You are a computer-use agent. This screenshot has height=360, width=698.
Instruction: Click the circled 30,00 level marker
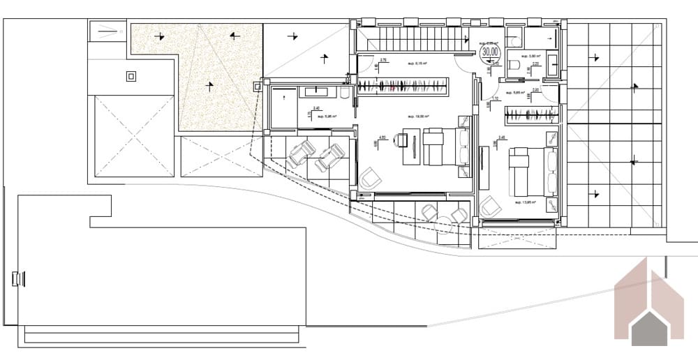pyautogui.click(x=490, y=51)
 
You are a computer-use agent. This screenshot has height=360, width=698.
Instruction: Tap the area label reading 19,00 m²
pyautogui.click(x=419, y=117)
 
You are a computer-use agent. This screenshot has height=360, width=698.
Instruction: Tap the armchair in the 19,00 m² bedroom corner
pyautogui.click(x=371, y=178)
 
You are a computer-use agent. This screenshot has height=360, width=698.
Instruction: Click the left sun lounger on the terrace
pyautogui.click(x=302, y=152)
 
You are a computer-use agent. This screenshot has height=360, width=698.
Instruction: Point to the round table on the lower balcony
pyautogui.click(x=444, y=221)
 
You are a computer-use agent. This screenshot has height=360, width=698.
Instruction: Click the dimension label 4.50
pyautogui.click(x=382, y=137)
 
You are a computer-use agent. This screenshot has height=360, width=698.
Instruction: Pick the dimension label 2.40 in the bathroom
pyautogui.click(x=316, y=109)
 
